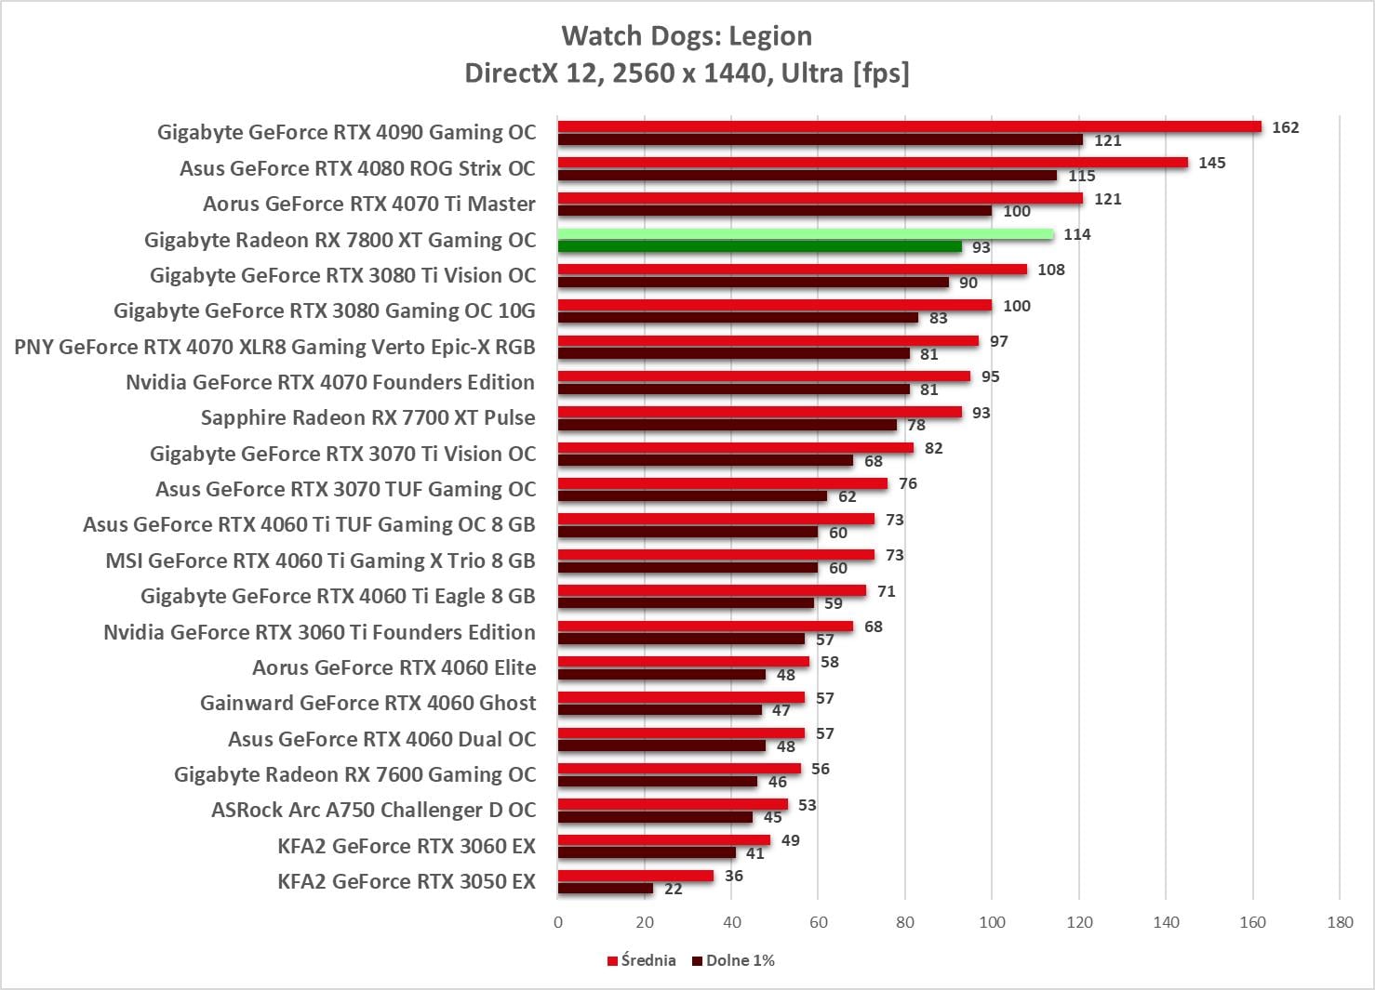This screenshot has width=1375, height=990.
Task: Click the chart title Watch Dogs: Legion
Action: [687, 36]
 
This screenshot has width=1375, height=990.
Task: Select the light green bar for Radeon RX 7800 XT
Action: [806, 234]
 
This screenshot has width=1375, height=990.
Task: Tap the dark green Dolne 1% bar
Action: [759, 247]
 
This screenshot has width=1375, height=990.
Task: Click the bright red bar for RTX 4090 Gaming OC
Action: [909, 127]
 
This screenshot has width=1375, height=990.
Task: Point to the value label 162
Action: [1285, 127]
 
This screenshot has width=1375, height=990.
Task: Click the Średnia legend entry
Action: [642, 960]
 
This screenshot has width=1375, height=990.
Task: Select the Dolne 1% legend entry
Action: [734, 960]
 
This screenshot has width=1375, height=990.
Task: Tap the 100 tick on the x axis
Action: [992, 922]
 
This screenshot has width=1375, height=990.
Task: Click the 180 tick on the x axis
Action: [1340, 922]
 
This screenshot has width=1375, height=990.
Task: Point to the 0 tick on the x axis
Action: [558, 922]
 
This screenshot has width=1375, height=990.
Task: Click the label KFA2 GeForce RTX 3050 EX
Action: [407, 881]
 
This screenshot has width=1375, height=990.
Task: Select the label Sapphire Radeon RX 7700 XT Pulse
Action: [368, 417]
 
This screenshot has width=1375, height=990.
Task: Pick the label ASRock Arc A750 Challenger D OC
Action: [373, 810]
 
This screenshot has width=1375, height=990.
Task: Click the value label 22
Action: [674, 889]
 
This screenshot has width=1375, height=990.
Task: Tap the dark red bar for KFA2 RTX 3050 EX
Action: [606, 889]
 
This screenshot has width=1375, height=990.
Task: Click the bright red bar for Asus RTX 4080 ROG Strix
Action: [873, 163]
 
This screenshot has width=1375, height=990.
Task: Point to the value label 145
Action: [1211, 163]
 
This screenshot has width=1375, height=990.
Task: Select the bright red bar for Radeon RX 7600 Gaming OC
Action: [679, 769]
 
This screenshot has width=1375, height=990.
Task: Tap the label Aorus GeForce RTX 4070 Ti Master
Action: [369, 204]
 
